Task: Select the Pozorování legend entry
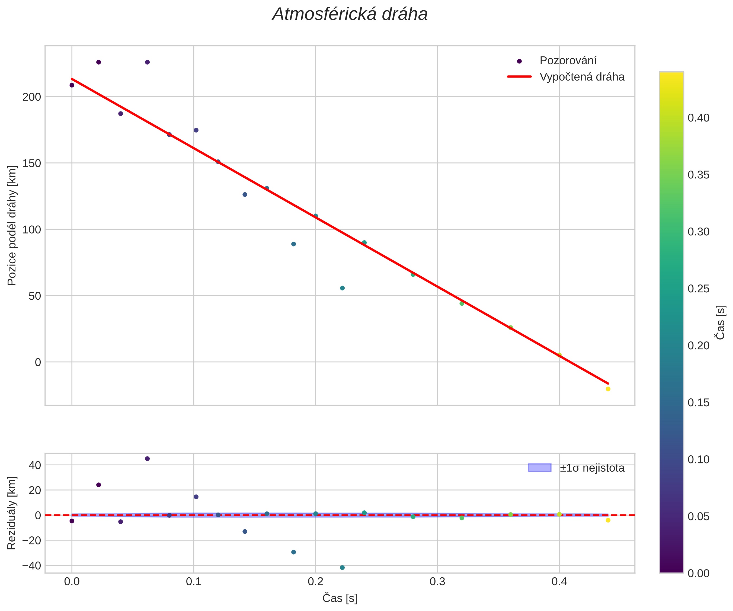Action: (568, 61)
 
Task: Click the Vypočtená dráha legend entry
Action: (582, 77)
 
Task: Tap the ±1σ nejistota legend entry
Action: (592, 468)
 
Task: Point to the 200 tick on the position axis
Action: (32, 97)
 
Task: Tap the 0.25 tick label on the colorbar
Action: (699, 289)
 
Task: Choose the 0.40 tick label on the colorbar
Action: (699, 118)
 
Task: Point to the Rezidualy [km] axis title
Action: (12, 513)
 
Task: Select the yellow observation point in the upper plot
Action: (608, 389)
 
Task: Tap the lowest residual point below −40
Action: (342, 568)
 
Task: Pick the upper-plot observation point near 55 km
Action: (342, 288)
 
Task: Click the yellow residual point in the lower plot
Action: (608, 520)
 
